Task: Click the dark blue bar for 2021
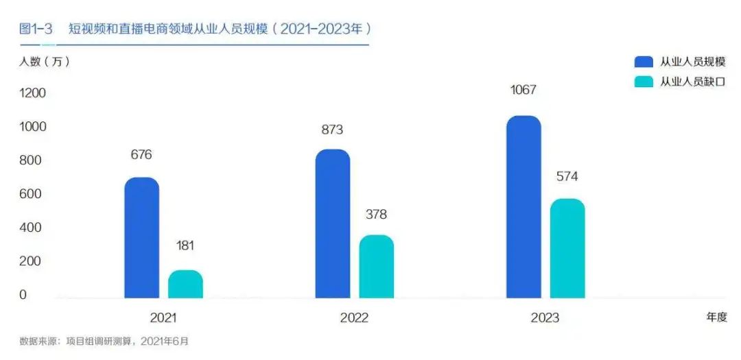(x=141, y=238)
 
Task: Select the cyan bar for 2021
(x=185, y=285)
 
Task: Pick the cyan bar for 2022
(x=376, y=267)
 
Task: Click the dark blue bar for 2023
(x=524, y=207)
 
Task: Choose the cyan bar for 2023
(x=567, y=248)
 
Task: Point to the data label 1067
(x=524, y=90)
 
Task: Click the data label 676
(x=141, y=154)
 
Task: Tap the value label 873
(x=332, y=130)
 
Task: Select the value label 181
(x=185, y=245)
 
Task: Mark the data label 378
(x=376, y=215)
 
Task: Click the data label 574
(x=567, y=176)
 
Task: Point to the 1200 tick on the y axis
(x=32, y=93)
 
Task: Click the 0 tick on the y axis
(x=23, y=295)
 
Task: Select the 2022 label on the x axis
(x=354, y=318)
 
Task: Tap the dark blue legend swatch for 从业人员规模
(x=644, y=62)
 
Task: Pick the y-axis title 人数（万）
(x=44, y=61)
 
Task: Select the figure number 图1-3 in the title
(x=36, y=29)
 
